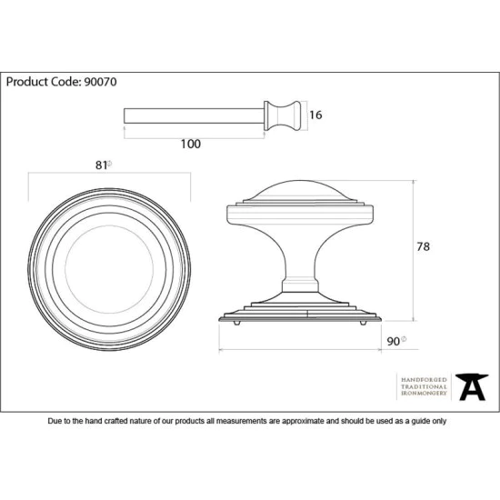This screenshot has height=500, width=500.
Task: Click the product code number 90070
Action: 100,82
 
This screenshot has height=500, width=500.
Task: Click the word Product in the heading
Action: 26,82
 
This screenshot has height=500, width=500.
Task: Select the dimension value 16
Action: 315,115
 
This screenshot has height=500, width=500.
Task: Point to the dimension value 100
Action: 191,145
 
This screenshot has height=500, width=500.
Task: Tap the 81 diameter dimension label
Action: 104,165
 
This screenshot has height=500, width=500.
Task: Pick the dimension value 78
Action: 423,246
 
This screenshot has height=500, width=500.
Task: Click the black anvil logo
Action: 472,387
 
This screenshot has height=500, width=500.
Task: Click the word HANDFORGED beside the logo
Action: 424,380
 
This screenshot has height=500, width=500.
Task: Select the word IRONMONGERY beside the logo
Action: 424,393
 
